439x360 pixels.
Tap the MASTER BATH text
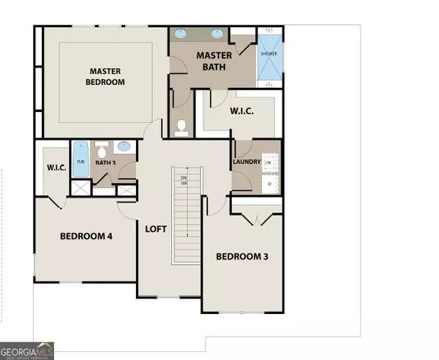(x=214, y=61)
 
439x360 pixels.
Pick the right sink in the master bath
(x=217, y=33)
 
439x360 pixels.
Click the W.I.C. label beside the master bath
(x=241, y=112)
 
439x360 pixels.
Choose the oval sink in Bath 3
(x=125, y=146)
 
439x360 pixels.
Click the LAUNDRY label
(x=247, y=162)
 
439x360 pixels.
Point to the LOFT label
(x=156, y=228)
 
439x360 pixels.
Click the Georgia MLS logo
(x=27, y=350)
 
